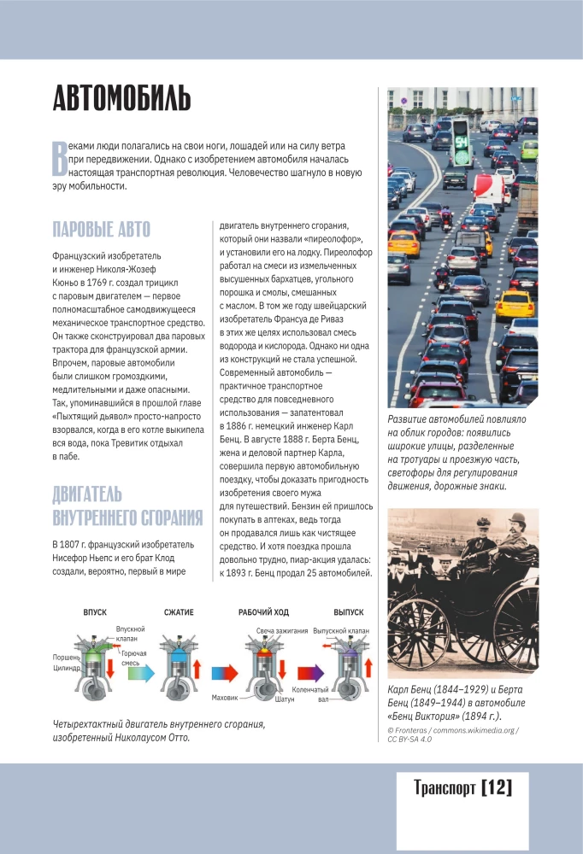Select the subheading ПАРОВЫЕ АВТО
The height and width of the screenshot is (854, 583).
point(101,229)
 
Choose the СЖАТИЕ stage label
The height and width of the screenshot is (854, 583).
point(180,612)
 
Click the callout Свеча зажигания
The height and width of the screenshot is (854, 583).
point(282,630)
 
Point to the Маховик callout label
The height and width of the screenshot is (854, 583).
point(224,697)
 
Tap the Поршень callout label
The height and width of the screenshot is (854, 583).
point(68,658)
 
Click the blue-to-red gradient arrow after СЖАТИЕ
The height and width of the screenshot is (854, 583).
point(223,671)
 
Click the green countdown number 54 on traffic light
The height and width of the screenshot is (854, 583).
point(461,143)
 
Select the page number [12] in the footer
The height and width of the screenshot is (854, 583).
point(498,787)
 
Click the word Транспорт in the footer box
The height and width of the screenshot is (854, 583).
point(444,787)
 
